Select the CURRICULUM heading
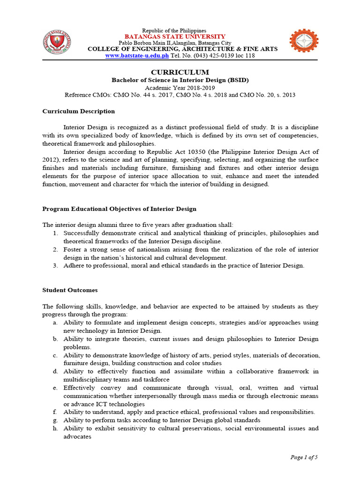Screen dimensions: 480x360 [180, 72]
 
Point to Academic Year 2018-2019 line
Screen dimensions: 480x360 [180, 88]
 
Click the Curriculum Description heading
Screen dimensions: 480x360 [78, 111]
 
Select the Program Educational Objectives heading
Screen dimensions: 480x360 [119, 209]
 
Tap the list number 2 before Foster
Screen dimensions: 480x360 [55, 249]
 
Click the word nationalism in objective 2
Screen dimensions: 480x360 [147, 249]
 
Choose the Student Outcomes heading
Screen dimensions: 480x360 [70, 290]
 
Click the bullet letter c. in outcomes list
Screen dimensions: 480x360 [55, 355]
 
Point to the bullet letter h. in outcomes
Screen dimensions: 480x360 [55, 428]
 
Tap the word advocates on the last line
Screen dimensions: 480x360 [77, 436]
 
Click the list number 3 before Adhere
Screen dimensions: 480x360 [55, 265]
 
